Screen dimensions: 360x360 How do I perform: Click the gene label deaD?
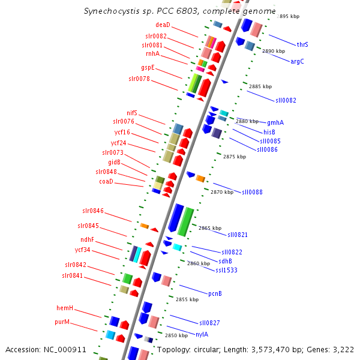(x=163, y=25)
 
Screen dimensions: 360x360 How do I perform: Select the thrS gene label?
(x=302, y=44)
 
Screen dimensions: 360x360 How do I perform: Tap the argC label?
(x=298, y=61)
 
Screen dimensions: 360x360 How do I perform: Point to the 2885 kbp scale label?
(x=260, y=87)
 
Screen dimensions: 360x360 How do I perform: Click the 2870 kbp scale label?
(x=222, y=192)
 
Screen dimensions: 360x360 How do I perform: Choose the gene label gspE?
(x=148, y=67)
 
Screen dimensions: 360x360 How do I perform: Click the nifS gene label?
(x=132, y=113)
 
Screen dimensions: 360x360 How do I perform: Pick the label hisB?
(x=269, y=132)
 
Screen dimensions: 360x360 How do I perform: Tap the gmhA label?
(x=275, y=122)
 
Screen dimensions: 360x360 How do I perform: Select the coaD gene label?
(x=106, y=181)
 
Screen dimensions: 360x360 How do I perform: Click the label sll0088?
(x=252, y=192)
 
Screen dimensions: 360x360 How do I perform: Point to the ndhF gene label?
(x=88, y=240)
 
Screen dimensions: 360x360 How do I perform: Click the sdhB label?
(x=226, y=261)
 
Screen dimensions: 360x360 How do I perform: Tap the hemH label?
(x=65, y=308)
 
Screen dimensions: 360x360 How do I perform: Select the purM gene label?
(x=63, y=322)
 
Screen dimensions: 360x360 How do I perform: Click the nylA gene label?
(x=202, y=334)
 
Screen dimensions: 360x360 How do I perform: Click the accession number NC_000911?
(x=67, y=349)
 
